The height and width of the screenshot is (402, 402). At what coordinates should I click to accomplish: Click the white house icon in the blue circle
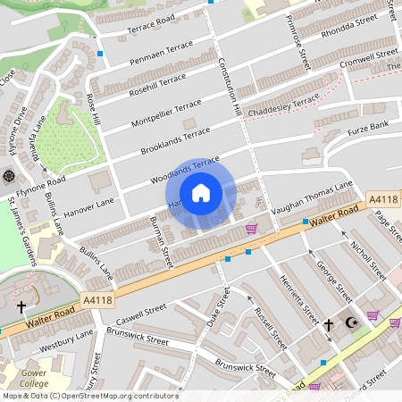coord(200,193)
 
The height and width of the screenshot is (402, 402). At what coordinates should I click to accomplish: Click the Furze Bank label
coord(368,126)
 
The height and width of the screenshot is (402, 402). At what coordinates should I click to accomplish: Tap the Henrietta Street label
coord(298,300)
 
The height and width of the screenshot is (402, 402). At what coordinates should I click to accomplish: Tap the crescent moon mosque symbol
coord(350,323)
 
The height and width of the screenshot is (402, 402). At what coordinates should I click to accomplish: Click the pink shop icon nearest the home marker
coord(252,228)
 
